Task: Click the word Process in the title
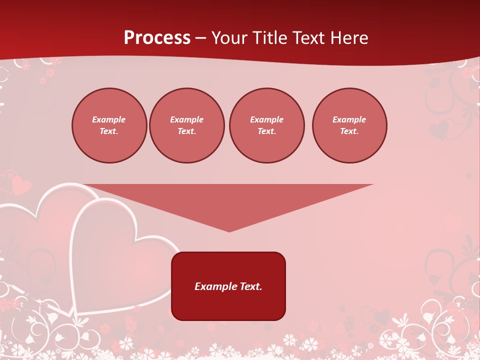click(157, 38)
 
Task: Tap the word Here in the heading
click(348, 38)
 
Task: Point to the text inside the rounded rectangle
click(228, 286)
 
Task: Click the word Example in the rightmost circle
click(349, 119)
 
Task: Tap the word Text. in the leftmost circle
click(109, 131)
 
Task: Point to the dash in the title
click(200, 38)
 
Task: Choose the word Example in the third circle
click(266, 119)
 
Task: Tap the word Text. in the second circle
click(187, 131)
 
